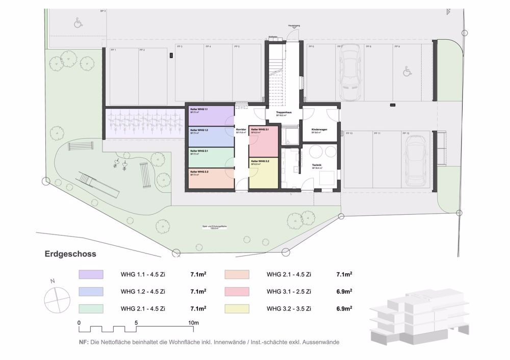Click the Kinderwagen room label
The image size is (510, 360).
point(320,130)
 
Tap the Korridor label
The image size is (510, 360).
point(241,130)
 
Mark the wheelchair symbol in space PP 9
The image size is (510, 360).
point(407,72)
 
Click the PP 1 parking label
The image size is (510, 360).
point(114,50)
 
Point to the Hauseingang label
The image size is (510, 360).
point(294,25)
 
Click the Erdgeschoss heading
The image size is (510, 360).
point(70,253)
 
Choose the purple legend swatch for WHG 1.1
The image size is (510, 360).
point(91,275)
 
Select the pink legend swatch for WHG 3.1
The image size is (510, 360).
point(237,292)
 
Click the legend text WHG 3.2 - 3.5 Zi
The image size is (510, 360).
point(289,308)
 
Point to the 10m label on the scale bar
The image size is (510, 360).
point(193,323)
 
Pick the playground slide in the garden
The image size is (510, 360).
point(98,185)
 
